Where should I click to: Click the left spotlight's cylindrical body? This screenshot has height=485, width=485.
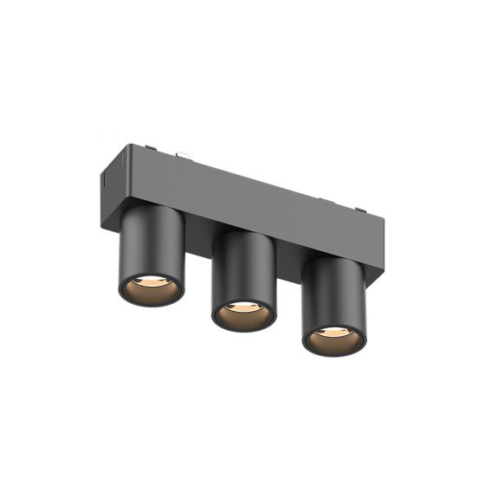point(150,247)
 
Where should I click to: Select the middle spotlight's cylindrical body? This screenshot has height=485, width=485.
point(242,268)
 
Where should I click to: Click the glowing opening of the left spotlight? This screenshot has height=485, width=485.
point(151,288)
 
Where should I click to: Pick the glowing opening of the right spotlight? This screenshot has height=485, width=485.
point(334,335)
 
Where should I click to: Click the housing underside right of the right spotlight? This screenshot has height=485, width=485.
point(371,278)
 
